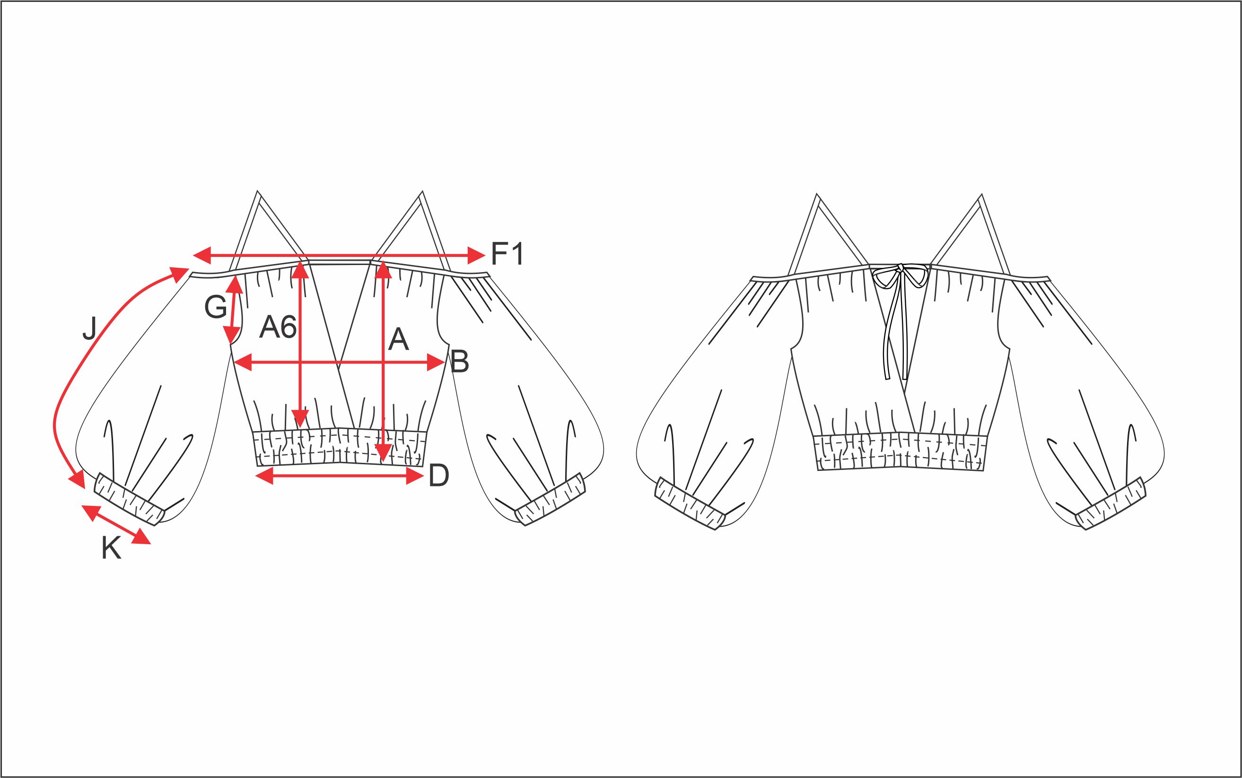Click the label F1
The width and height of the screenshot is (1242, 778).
pos(507,254)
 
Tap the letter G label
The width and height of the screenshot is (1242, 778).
pos(216,307)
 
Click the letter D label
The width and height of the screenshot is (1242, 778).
pos(439,476)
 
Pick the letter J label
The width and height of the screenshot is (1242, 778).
pos(89,328)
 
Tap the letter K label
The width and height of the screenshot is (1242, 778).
pos(111,548)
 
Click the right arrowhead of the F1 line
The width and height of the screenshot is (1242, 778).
pos(476,254)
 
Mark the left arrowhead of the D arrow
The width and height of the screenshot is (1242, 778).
pos(264,477)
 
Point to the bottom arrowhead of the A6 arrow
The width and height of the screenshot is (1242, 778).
pos(300,418)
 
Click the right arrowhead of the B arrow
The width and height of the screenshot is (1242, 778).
pos(437,363)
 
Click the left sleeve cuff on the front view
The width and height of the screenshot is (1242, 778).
pos(130,499)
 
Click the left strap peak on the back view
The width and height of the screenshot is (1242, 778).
pos(817,195)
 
